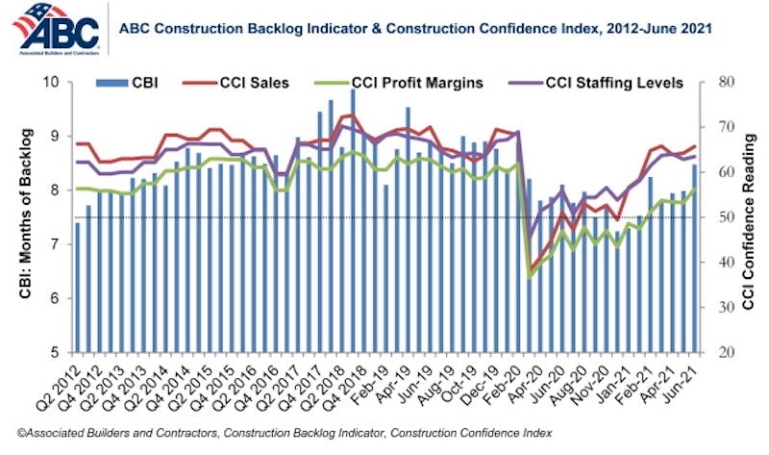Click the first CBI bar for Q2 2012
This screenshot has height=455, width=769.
click(x=77, y=289)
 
